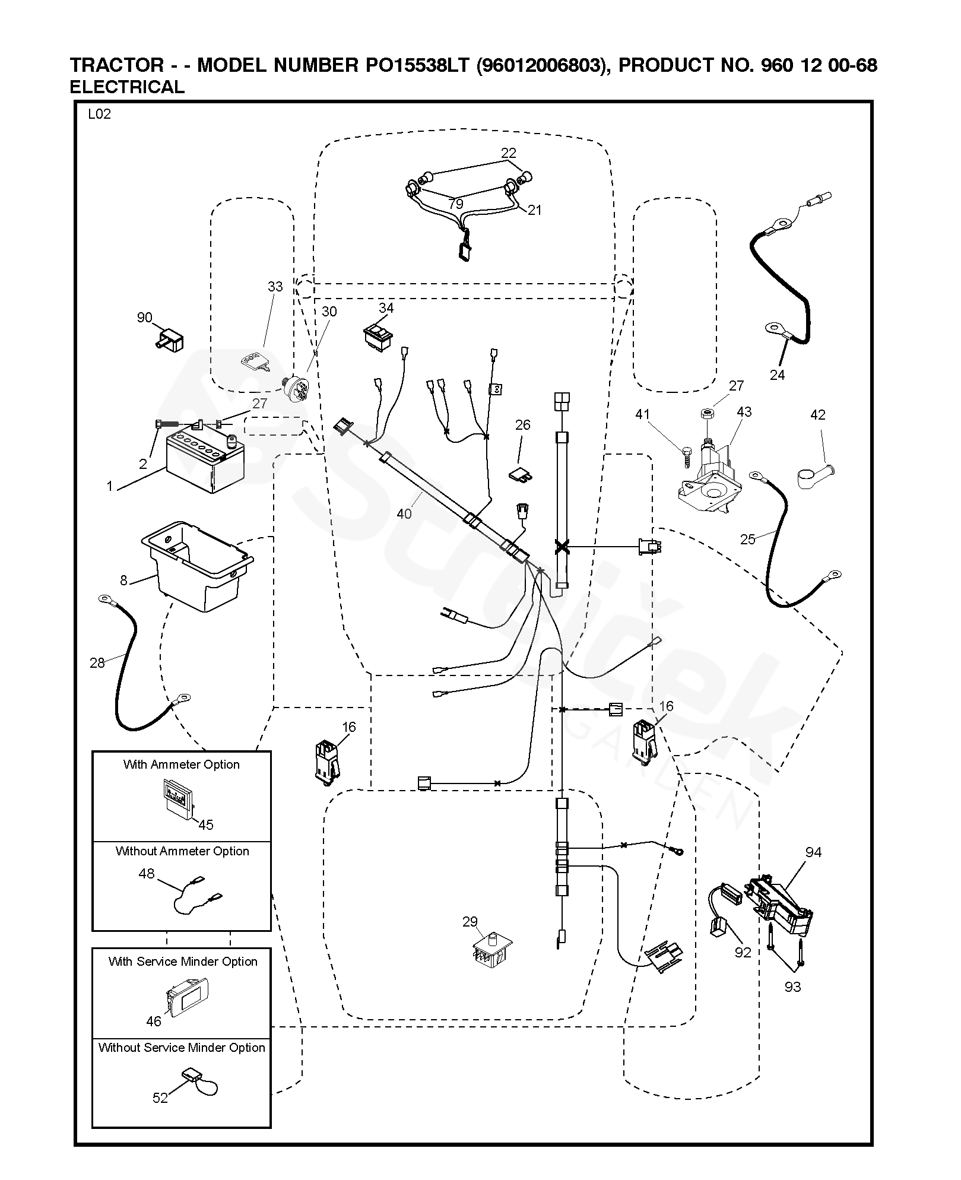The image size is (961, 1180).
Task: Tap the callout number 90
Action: tap(145, 318)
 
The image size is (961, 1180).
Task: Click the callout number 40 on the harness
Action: tap(404, 513)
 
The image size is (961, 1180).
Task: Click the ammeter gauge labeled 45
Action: tap(180, 798)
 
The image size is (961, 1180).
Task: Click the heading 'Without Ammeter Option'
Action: tap(182, 851)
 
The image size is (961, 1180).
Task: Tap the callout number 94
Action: tap(813, 852)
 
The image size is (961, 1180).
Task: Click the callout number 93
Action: tap(792, 986)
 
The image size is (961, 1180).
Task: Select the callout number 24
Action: tap(777, 375)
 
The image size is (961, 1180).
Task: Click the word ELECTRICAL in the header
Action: tap(127, 87)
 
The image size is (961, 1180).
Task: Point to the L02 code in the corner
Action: tap(99, 115)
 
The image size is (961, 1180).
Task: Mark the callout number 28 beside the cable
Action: tap(97, 662)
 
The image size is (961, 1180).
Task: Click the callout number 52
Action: tap(160, 1098)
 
